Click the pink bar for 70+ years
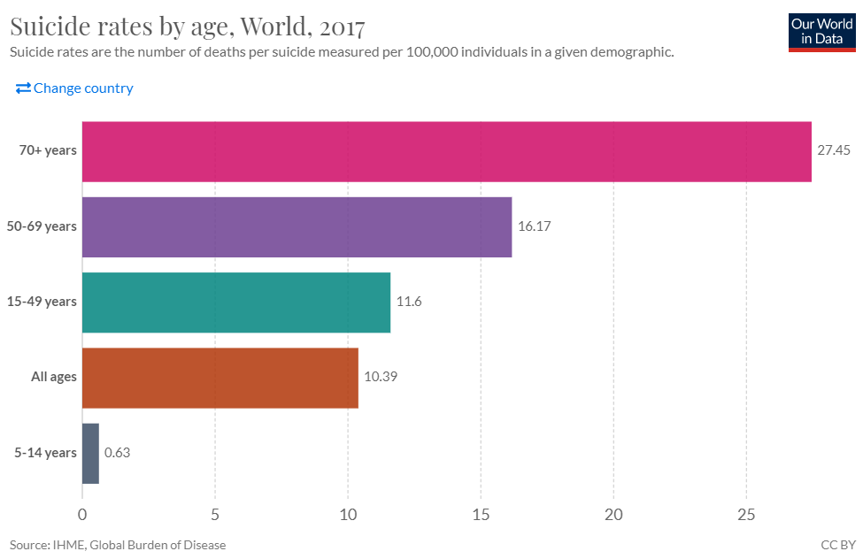pos(447,151)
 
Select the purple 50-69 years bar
pos(297,226)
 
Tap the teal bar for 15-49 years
pos(236,302)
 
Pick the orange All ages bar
pos(220,378)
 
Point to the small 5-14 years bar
pos(90,453)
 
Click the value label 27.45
pos(833,150)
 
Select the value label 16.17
pos(535,226)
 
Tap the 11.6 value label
pos(409,302)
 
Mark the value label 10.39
pos(380,377)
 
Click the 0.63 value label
pos(118,453)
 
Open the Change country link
pos(74,88)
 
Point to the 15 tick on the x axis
pos(481,514)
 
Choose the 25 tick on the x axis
pos(746,514)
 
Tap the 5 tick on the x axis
pos(215,514)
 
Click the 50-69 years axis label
pos(48,226)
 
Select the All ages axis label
pos(54,378)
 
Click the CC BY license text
pos(836,545)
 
